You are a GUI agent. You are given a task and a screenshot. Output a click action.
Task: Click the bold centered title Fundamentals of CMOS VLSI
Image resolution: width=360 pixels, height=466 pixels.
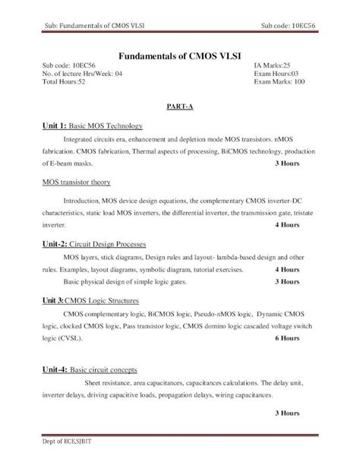179,55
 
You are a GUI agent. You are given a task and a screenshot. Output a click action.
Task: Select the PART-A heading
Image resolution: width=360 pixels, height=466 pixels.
179,106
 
